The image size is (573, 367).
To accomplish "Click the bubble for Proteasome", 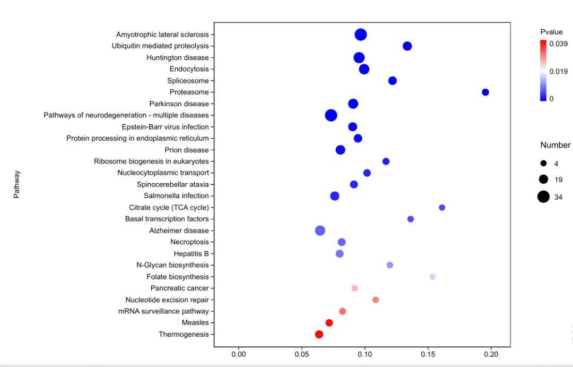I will tap(485, 92).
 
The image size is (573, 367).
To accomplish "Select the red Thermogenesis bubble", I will tap(319, 335).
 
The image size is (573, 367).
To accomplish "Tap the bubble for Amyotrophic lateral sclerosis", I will tap(361, 35).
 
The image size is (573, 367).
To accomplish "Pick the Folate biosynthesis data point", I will tap(432, 277).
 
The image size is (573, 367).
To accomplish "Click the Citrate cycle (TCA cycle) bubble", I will tap(442, 208).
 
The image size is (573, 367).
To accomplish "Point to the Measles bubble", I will tap(329, 323).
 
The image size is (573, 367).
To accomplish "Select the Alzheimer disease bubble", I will tap(320, 231).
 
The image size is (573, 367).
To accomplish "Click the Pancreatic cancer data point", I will tap(354, 288).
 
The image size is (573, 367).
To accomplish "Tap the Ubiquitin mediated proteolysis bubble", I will tap(407, 46).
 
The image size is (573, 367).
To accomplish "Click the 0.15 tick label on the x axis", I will tap(428, 354).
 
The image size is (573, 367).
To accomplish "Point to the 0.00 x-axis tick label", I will tap(239, 354).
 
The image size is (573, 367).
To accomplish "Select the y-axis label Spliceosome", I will tap(188, 81).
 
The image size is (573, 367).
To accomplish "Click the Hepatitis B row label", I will tap(191, 254).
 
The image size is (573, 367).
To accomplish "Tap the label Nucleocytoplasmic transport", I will tap(163, 173).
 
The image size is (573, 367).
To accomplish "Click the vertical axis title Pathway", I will tap(16, 184).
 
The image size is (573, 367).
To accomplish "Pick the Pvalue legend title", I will tap(551, 32).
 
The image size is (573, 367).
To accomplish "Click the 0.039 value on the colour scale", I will tap(558, 44).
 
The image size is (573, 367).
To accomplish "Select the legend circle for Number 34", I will tap(543, 197).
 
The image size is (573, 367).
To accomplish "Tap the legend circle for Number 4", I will tap(543, 164).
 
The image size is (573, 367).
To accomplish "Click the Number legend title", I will tap(555, 145).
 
